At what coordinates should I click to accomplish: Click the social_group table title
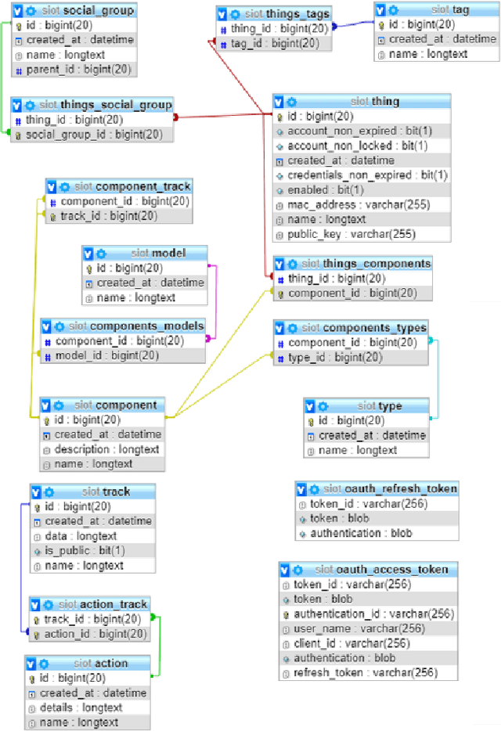coord(98,11)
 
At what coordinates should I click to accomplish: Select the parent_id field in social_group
coord(70,70)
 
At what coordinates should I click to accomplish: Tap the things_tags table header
coord(287,14)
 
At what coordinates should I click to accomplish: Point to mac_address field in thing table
coord(348,204)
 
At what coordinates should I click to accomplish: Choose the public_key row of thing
coord(351,233)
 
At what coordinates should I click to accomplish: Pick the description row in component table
coord(106,449)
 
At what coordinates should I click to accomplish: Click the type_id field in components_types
coord(335,357)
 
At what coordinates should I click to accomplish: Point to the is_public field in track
coord(83,550)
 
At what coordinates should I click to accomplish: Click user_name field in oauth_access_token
coord(359,628)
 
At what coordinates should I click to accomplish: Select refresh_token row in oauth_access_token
coord(365,672)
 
